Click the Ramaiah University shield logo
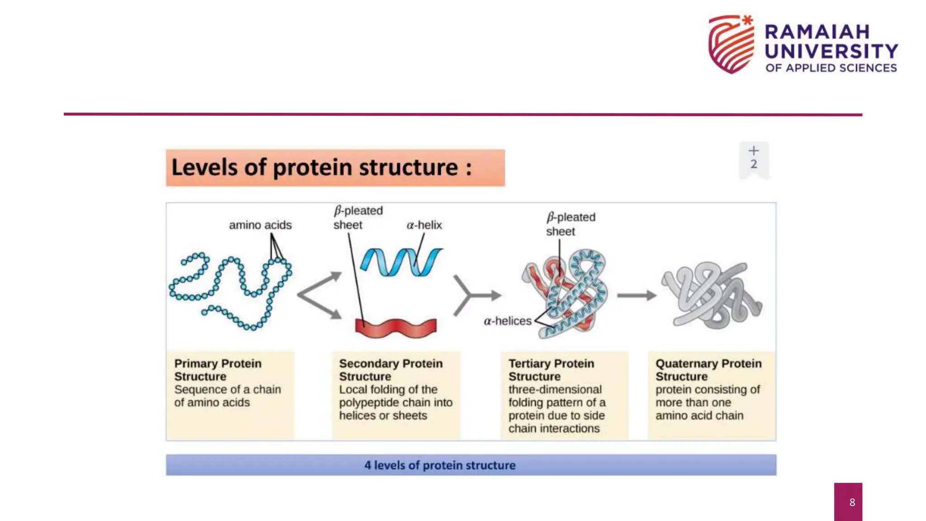pyautogui.click(x=731, y=44)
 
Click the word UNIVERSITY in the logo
pyautogui.click(x=831, y=51)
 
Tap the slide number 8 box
pyautogui.click(x=848, y=502)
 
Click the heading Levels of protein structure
pyautogui.click(x=322, y=167)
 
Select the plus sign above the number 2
pyautogui.click(x=753, y=151)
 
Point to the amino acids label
pyautogui.click(x=260, y=225)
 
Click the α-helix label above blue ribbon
pyautogui.click(x=424, y=225)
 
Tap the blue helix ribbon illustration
pyautogui.click(x=400, y=262)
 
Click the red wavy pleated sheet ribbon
pyautogui.click(x=396, y=328)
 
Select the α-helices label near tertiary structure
pyautogui.click(x=507, y=321)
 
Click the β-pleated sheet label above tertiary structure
pyautogui.click(x=570, y=224)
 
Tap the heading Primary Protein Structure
pyautogui.click(x=217, y=370)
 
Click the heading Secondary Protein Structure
pyautogui.click(x=391, y=370)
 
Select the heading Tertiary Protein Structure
pyautogui.click(x=551, y=370)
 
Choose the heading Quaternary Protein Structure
pyautogui.click(x=708, y=370)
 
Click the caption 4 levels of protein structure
pyautogui.click(x=439, y=465)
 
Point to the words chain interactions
pyautogui.click(x=553, y=428)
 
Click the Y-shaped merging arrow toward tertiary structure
pyautogui.click(x=475, y=295)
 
